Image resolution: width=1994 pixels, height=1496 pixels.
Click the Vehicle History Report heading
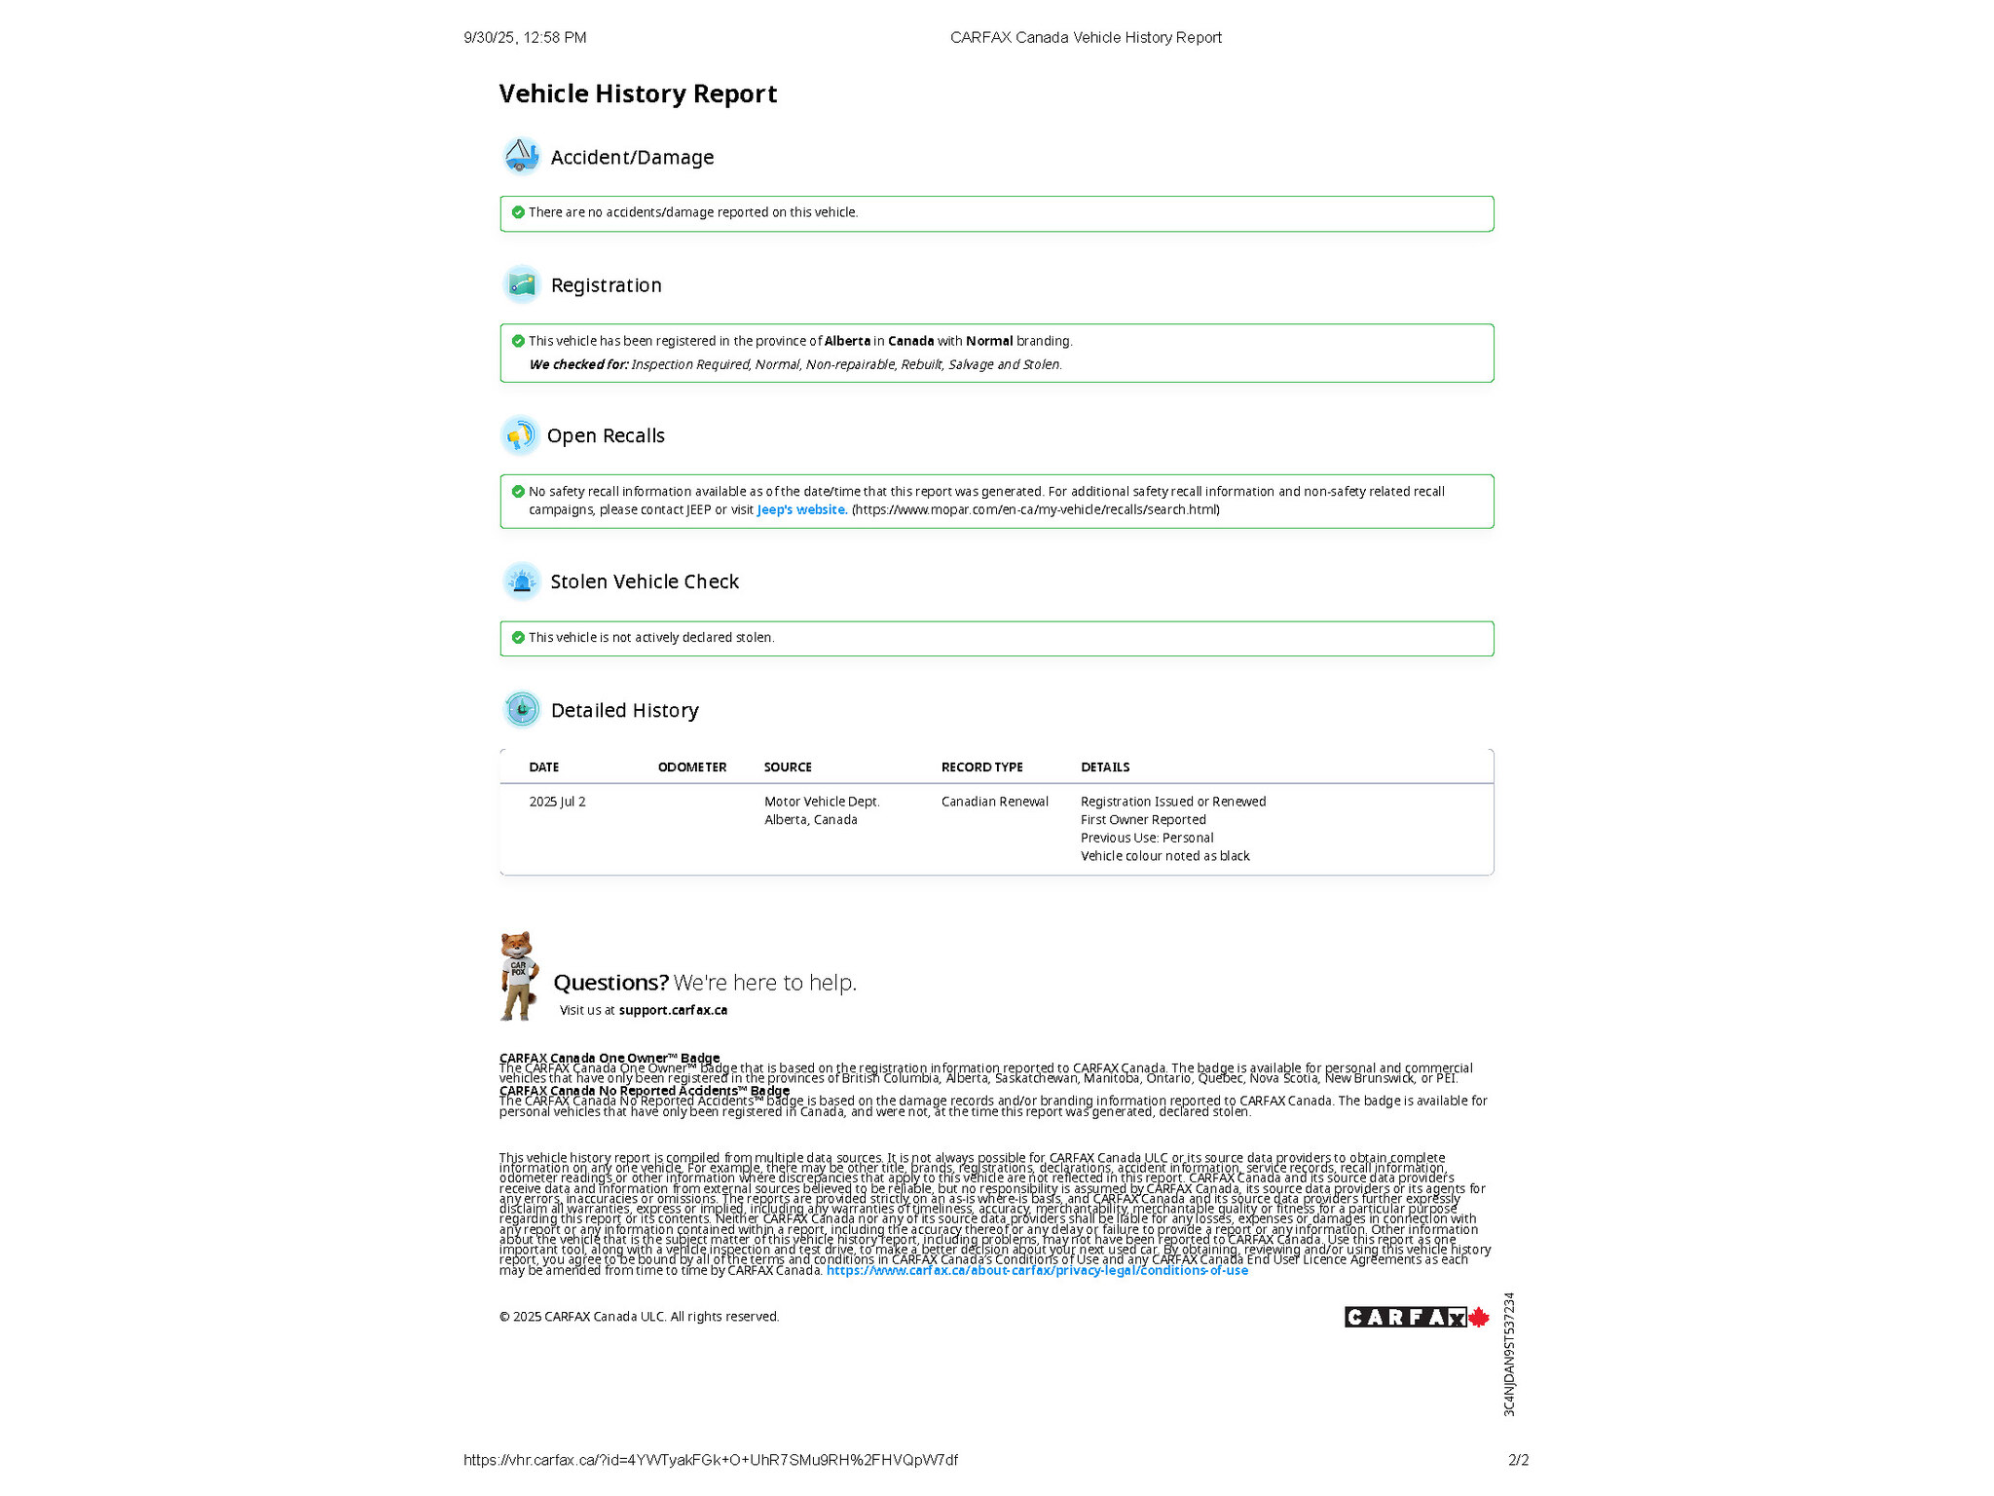point(638,93)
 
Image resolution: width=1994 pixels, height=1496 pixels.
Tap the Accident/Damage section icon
point(521,156)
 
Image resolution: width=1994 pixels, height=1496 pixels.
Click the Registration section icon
point(522,284)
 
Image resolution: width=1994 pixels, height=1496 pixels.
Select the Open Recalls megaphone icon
point(520,435)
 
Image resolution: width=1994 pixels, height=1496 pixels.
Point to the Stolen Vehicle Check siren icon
point(522,581)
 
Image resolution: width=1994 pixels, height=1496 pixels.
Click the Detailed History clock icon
point(522,709)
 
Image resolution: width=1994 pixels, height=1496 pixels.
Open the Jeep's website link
point(800,509)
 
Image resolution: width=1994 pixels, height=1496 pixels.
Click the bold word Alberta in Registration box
point(847,341)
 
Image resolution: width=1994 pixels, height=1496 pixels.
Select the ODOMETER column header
point(691,767)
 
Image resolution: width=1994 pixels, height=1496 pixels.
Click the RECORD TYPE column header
point(981,767)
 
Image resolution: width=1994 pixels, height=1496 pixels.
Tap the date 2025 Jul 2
point(557,802)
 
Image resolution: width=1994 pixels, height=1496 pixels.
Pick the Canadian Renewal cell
point(994,802)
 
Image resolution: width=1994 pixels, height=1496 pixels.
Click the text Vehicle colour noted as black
point(1164,856)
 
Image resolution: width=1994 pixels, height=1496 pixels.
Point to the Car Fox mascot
point(518,975)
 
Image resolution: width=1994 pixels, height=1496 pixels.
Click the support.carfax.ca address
point(673,1010)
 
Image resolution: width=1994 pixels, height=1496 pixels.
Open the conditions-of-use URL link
point(1037,1271)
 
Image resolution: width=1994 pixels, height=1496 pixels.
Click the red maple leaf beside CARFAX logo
point(1478,1317)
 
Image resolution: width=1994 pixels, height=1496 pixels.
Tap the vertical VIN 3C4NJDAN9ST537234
point(1509,1354)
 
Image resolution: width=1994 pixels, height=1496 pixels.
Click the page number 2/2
point(1518,1460)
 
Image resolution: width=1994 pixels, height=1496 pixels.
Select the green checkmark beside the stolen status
point(518,637)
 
